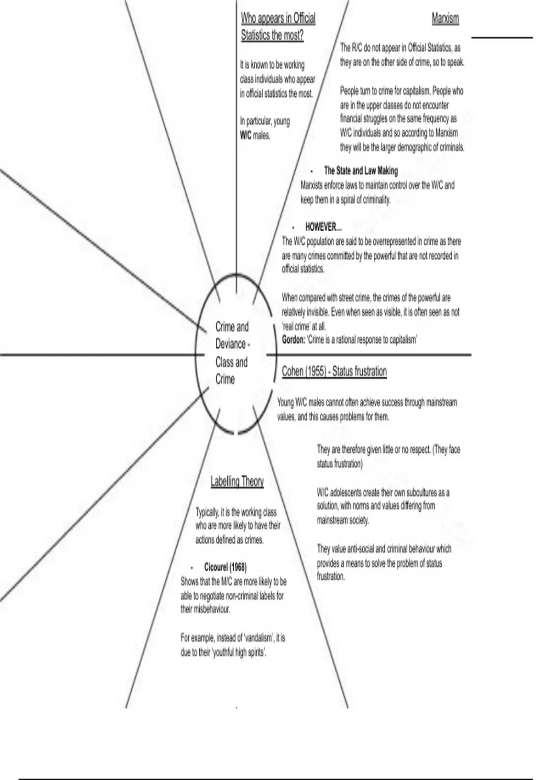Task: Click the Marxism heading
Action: [x=445, y=19]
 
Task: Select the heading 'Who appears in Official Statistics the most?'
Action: [x=278, y=27]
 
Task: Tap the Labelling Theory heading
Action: [x=237, y=481]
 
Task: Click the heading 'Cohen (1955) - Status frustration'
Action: [x=334, y=371]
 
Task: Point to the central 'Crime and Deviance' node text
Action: [x=232, y=353]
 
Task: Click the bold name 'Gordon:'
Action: [x=293, y=340]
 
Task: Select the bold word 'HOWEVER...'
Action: [x=323, y=227]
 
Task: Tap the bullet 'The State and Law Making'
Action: [x=360, y=171]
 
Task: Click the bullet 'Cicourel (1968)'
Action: [x=225, y=567]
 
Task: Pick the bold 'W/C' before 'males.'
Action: [x=246, y=136]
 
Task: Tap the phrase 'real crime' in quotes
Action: [x=297, y=326]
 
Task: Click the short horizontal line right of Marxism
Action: [x=502, y=38]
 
